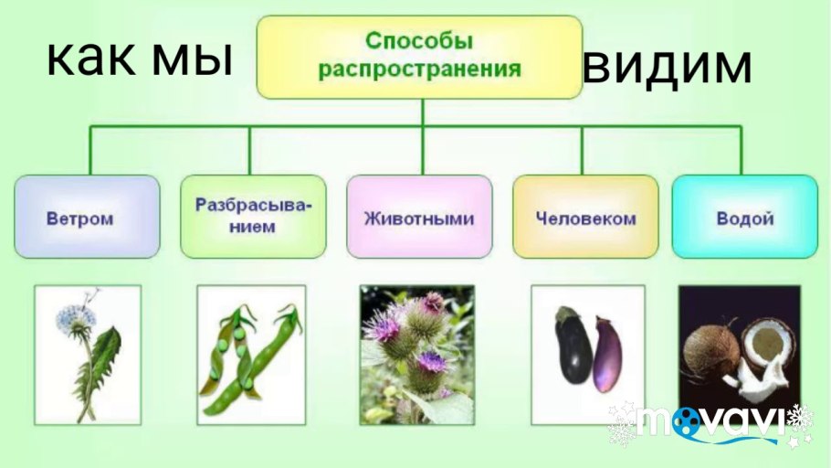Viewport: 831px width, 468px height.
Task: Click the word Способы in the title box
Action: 419,41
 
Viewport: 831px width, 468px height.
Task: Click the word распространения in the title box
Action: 419,68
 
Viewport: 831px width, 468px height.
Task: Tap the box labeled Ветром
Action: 87,218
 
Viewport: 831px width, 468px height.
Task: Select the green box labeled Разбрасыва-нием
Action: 253,216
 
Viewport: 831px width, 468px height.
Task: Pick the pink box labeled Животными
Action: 419,218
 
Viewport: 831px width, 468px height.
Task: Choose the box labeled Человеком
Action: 585,218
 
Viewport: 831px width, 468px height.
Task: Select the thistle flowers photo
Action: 416,355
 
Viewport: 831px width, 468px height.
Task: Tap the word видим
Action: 668,66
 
